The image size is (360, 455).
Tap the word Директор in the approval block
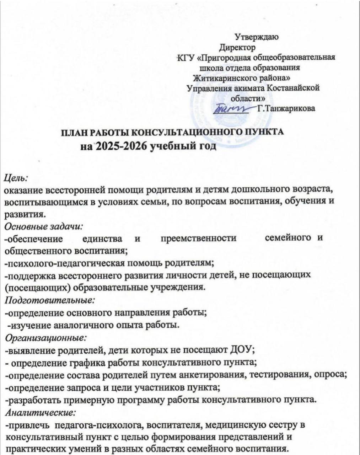[x=237, y=47]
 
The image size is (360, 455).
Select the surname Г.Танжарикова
[x=286, y=108]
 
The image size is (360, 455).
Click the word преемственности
[x=198, y=238]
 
